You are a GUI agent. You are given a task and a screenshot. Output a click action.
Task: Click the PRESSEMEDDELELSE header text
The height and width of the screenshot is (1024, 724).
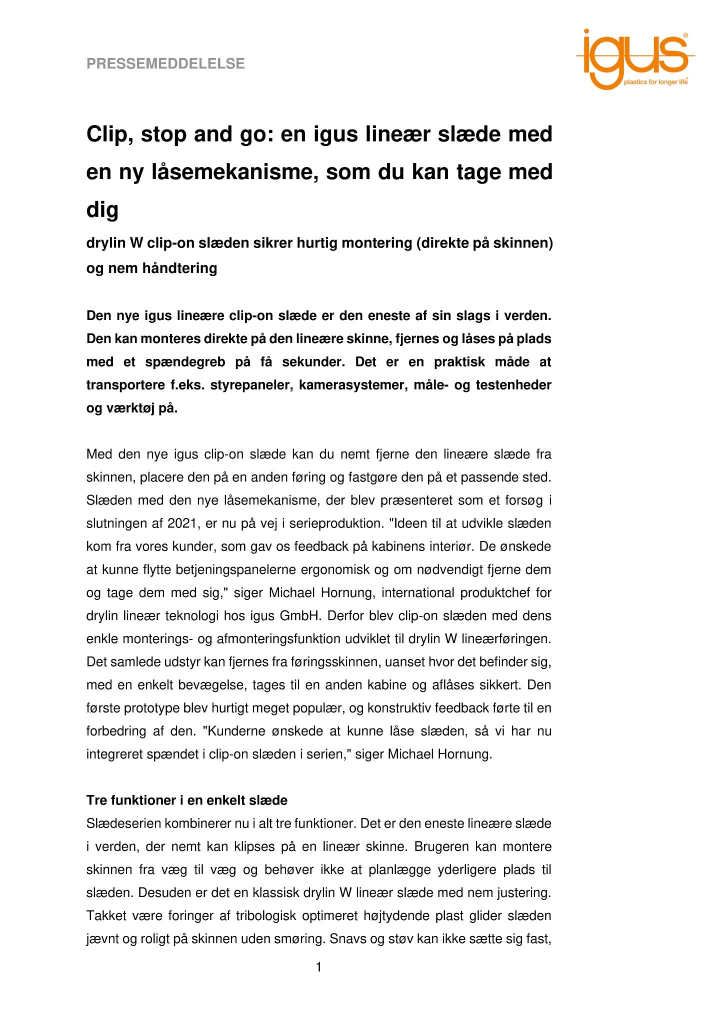[x=165, y=64]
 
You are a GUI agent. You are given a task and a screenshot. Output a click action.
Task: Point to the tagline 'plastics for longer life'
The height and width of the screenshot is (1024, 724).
[x=655, y=82]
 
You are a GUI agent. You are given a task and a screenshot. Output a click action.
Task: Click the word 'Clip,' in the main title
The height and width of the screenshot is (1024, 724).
[x=108, y=134]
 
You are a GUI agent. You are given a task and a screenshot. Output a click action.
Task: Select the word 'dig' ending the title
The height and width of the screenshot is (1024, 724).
[x=102, y=209]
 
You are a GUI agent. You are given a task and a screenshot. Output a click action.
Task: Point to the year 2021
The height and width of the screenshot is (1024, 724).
[x=183, y=523]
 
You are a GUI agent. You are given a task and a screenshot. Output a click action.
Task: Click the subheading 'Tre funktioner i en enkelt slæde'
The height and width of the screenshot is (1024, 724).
[x=187, y=800]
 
